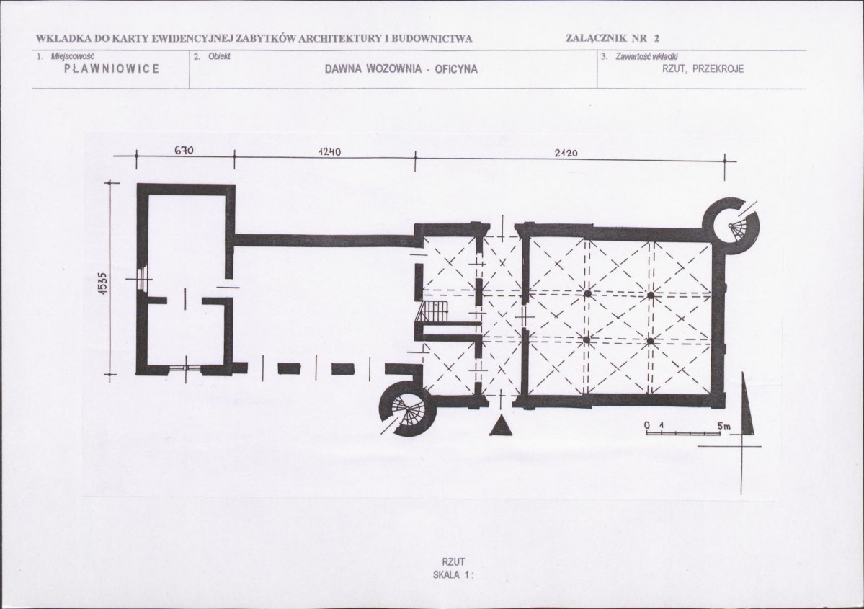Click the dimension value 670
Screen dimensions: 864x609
[x=184, y=150]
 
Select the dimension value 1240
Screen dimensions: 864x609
[x=329, y=151]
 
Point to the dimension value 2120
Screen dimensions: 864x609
[x=566, y=153]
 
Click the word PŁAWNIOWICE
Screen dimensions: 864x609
[x=112, y=69]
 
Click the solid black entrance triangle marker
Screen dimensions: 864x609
[x=502, y=427]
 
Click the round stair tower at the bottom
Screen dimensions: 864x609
[x=409, y=407]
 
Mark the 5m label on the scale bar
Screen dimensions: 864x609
[x=724, y=426]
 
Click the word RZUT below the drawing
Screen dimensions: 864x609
[x=453, y=561]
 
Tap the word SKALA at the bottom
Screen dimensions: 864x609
[x=446, y=574]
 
